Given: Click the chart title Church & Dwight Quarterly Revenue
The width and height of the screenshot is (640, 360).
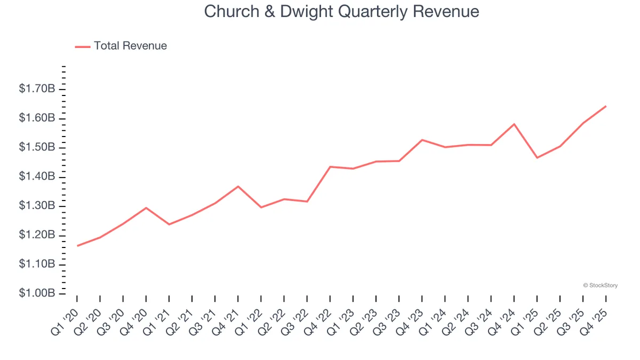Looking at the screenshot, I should tap(341, 12).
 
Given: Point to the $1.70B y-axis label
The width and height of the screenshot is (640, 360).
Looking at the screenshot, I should tap(37, 89).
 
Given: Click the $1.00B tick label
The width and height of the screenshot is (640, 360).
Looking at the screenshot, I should tap(37, 294).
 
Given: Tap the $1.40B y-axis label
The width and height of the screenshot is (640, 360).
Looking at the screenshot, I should tap(37, 177).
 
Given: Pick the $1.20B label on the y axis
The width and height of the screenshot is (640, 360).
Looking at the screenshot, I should tap(37, 235).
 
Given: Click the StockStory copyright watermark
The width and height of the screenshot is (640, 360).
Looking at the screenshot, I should tap(601, 285).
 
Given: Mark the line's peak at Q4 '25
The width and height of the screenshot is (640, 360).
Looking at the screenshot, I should tap(606, 106).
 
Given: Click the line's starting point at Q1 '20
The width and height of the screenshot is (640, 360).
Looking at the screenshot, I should tap(77, 246).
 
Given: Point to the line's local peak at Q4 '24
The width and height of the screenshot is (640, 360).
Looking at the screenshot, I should tap(514, 124).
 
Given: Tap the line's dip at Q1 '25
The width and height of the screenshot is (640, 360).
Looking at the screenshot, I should tap(537, 158).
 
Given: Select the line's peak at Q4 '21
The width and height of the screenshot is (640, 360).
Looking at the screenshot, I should tap(238, 186).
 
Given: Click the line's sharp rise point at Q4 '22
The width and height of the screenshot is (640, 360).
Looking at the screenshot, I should tap(330, 167).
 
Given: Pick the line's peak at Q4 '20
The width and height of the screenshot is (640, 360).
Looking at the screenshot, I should tap(146, 207).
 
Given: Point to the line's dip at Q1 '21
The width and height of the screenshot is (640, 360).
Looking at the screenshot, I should tap(169, 225).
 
